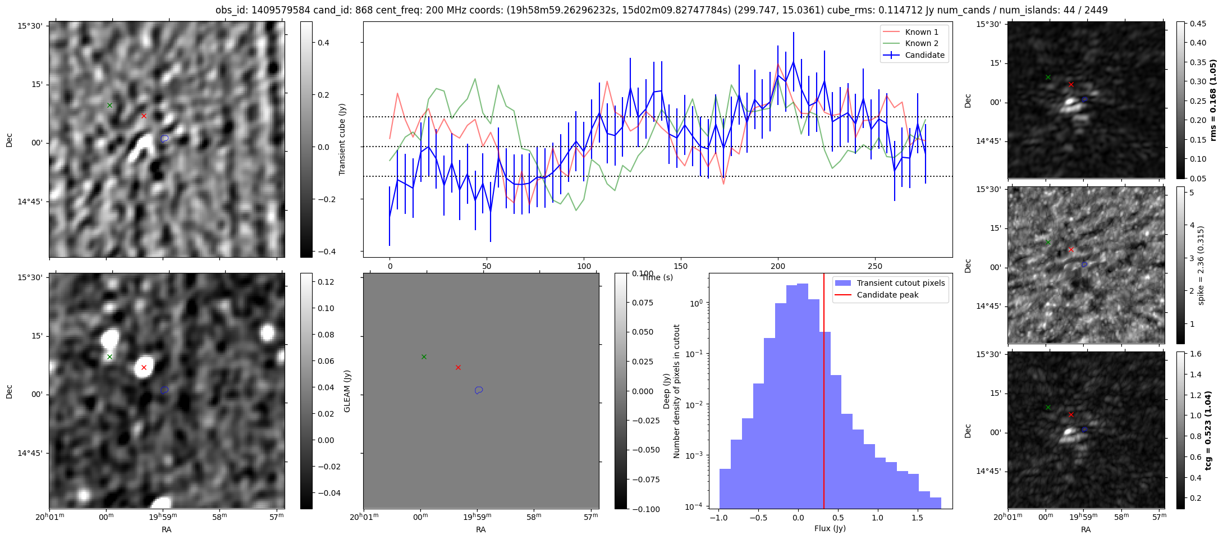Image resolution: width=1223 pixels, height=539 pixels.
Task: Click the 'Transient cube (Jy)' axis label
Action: click(x=342, y=139)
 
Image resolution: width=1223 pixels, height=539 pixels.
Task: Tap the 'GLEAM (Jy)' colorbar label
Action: click(x=347, y=391)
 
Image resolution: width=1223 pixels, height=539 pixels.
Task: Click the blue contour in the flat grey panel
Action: click(x=479, y=390)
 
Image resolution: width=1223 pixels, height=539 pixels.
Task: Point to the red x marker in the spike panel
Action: click(x=1071, y=250)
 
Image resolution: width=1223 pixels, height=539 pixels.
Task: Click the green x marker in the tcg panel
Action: click(x=1048, y=408)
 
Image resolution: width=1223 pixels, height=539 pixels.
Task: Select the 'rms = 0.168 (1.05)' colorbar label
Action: click(x=1213, y=99)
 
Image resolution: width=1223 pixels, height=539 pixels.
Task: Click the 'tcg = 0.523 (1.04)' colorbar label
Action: click(x=1213, y=430)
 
